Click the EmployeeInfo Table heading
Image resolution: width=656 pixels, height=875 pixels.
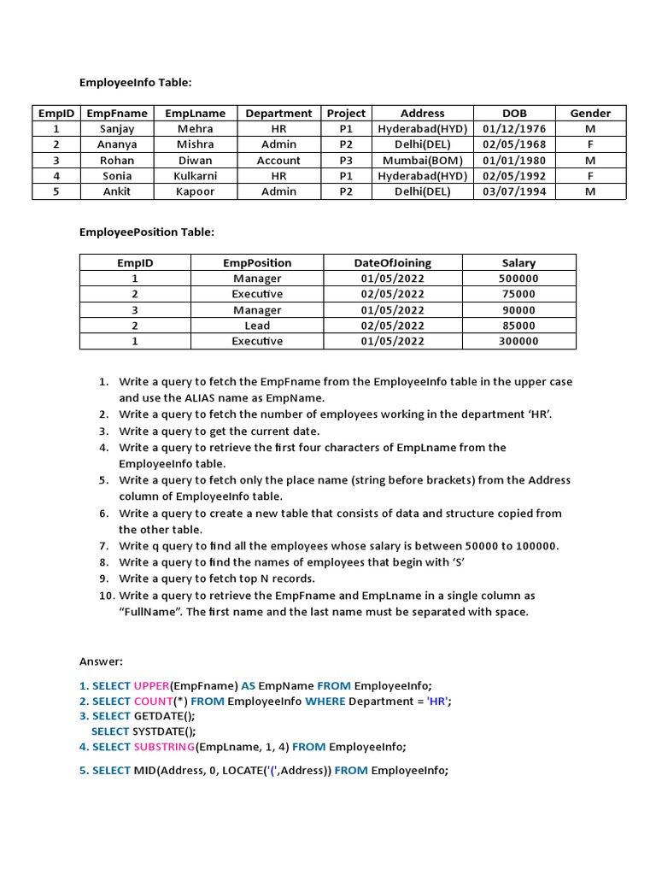click(136, 83)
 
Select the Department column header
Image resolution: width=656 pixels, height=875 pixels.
click(278, 113)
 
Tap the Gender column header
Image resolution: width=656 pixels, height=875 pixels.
click(590, 113)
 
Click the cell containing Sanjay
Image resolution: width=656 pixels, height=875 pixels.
click(117, 129)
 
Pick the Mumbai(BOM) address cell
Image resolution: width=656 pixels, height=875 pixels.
click(422, 161)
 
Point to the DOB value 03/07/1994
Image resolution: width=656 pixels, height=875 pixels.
click(514, 191)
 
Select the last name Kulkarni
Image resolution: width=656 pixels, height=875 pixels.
click(196, 176)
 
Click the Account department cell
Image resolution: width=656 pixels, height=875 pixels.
click(278, 161)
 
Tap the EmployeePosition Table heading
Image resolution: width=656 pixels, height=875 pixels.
click(147, 232)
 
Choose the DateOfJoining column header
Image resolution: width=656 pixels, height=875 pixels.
click(393, 263)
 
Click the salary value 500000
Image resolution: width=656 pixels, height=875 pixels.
click(518, 279)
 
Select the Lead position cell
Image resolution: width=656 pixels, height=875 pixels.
click(257, 326)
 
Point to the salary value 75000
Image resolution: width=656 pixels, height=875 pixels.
click(518, 294)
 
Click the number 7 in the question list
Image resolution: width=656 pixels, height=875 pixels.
click(103, 546)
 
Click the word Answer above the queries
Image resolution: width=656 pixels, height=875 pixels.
click(102, 661)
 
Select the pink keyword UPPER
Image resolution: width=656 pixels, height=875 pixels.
click(151, 686)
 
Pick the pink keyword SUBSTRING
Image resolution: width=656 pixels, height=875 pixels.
click(164, 747)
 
